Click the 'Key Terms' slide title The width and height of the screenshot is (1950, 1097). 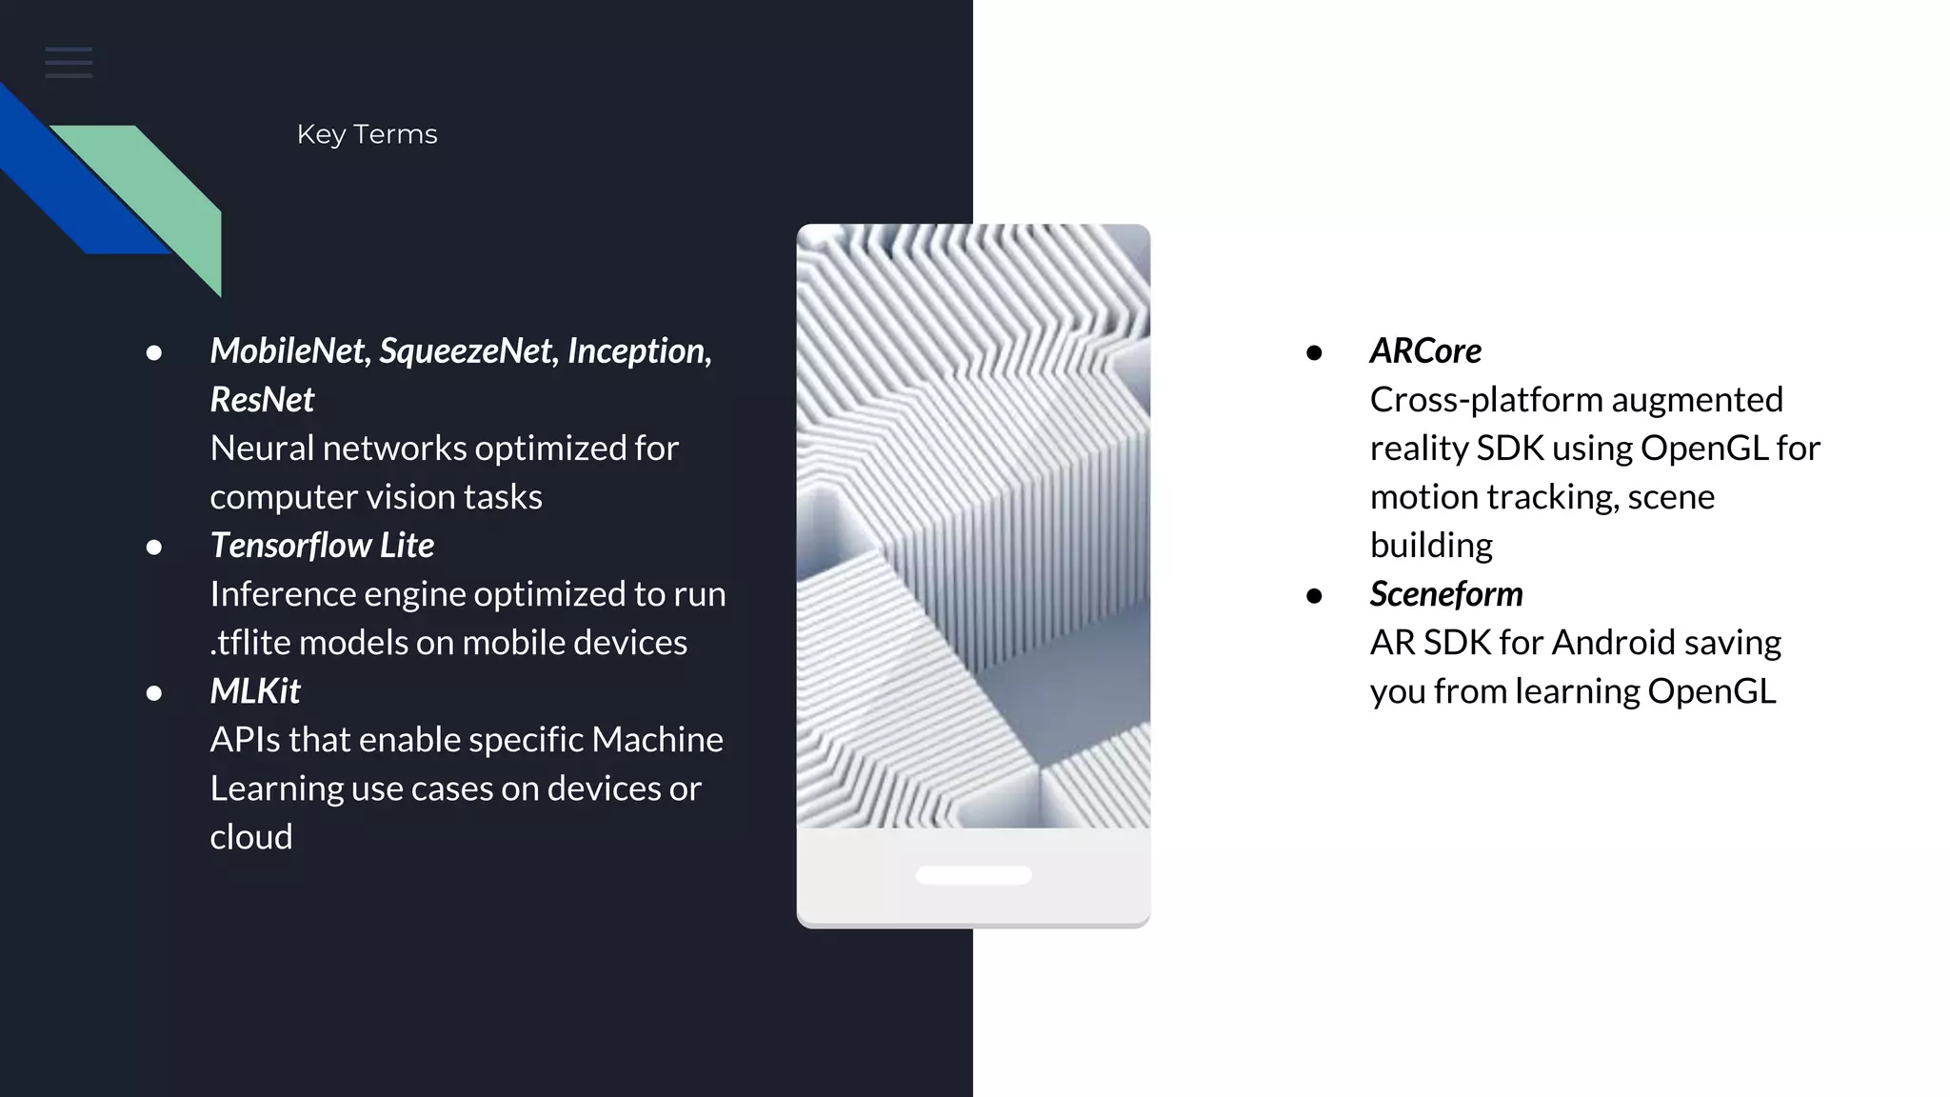(x=367, y=134)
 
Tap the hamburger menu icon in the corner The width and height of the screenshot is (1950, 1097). (x=69, y=63)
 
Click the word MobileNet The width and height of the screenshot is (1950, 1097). (x=288, y=350)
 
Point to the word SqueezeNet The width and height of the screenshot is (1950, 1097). (x=466, y=350)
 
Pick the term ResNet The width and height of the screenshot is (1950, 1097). (x=262, y=399)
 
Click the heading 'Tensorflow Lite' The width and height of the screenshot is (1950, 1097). (x=322, y=545)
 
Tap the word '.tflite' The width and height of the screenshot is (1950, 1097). (x=249, y=642)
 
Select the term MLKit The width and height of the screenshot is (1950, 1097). (x=255, y=690)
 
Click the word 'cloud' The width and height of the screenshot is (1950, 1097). (x=251, y=836)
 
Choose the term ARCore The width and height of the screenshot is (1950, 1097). (x=1425, y=350)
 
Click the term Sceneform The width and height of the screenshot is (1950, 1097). (x=1446, y=593)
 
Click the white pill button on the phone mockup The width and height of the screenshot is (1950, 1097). (x=973, y=875)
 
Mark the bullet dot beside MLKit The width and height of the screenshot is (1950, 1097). (x=154, y=693)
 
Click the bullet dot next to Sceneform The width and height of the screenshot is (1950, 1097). (x=1315, y=596)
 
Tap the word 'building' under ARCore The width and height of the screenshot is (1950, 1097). (x=1431, y=545)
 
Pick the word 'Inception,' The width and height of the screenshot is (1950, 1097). (x=640, y=350)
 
